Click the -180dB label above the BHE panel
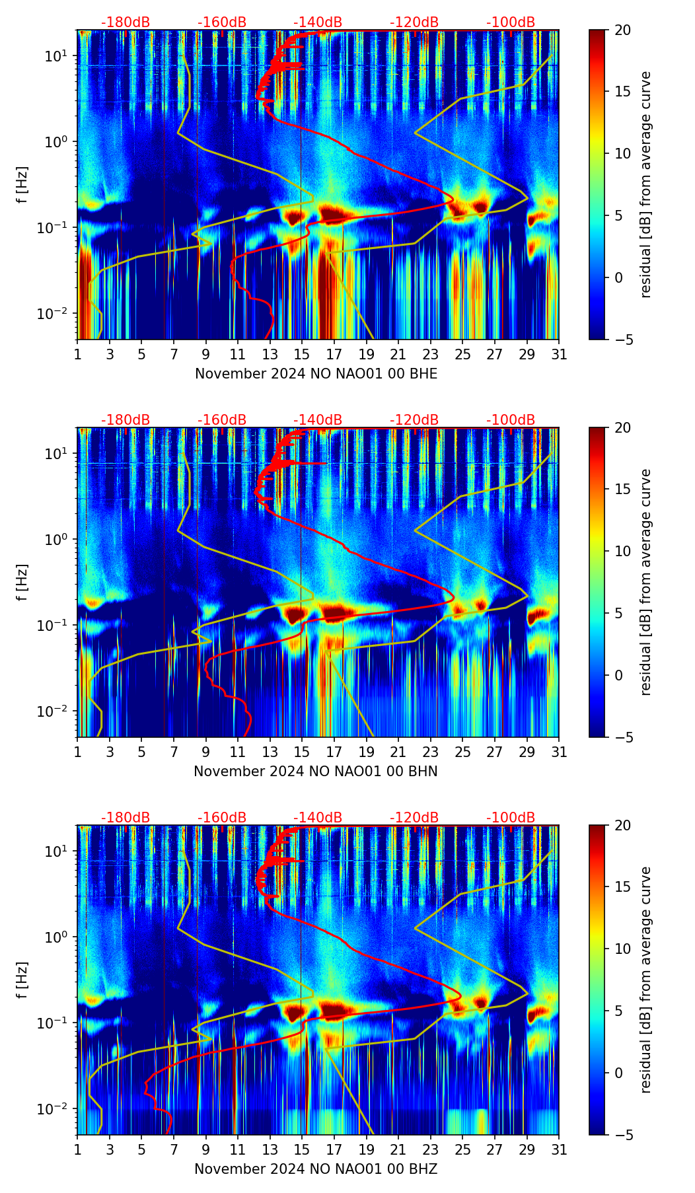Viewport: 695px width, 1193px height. click(x=126, y=22)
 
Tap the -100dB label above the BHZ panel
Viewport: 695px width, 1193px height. click(x=511, y=818)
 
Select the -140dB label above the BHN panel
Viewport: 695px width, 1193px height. click(x=318, y=420)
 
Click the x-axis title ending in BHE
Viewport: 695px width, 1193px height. click(x=316, y=374)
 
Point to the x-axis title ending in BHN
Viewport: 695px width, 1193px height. click(x=316, y=772)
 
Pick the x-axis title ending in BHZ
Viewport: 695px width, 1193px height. click(x=316, y=1169)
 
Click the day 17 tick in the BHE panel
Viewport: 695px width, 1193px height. click(x=334, y=355)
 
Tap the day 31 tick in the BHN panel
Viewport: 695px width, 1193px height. click(x=559, y=752)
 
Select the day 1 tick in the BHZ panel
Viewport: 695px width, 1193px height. click(x=78, y=1150)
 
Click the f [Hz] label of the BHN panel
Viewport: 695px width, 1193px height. click(x=23, y=582)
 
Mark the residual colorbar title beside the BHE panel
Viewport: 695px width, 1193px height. click(x=645, y=184)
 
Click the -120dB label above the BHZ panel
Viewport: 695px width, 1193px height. click(x=414, y=818)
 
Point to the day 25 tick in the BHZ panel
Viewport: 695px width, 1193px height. click(x=462, y=1150)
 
